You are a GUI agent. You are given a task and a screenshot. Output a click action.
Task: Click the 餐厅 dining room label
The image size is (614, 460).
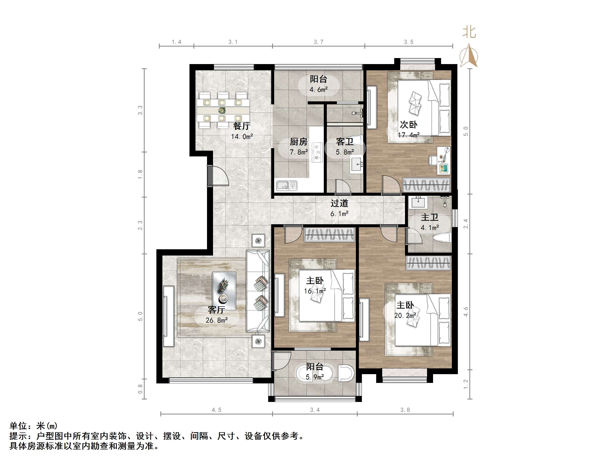pos(242,126)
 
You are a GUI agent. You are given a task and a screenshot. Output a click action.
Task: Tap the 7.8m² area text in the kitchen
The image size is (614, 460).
pos(299,152)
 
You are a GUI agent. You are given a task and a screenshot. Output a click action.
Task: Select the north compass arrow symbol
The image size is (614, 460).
pos(469,56)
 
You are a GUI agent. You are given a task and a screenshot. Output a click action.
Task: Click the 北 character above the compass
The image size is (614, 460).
pos(469,33)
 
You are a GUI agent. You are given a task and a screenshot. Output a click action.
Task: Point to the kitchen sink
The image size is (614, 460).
pos(286,185)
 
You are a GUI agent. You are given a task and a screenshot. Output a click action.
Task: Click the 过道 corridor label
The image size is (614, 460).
pos(339,203)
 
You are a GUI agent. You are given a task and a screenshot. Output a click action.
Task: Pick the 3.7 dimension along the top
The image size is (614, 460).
pos(318,42)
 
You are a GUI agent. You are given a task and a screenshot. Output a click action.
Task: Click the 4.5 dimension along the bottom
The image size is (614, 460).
pos(217,410)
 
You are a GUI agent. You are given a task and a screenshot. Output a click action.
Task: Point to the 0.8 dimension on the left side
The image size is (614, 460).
pos(140,389)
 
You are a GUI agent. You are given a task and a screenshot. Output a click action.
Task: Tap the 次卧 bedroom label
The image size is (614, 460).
pos(408,125)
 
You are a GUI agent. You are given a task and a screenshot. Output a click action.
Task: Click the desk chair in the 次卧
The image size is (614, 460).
pos(433,160)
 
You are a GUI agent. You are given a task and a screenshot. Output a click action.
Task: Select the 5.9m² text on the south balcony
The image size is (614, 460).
pos(315,377)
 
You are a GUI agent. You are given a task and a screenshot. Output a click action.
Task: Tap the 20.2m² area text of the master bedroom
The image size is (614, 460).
pos(405,316)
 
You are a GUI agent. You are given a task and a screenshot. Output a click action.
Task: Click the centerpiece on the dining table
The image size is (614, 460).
pos(222,111)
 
